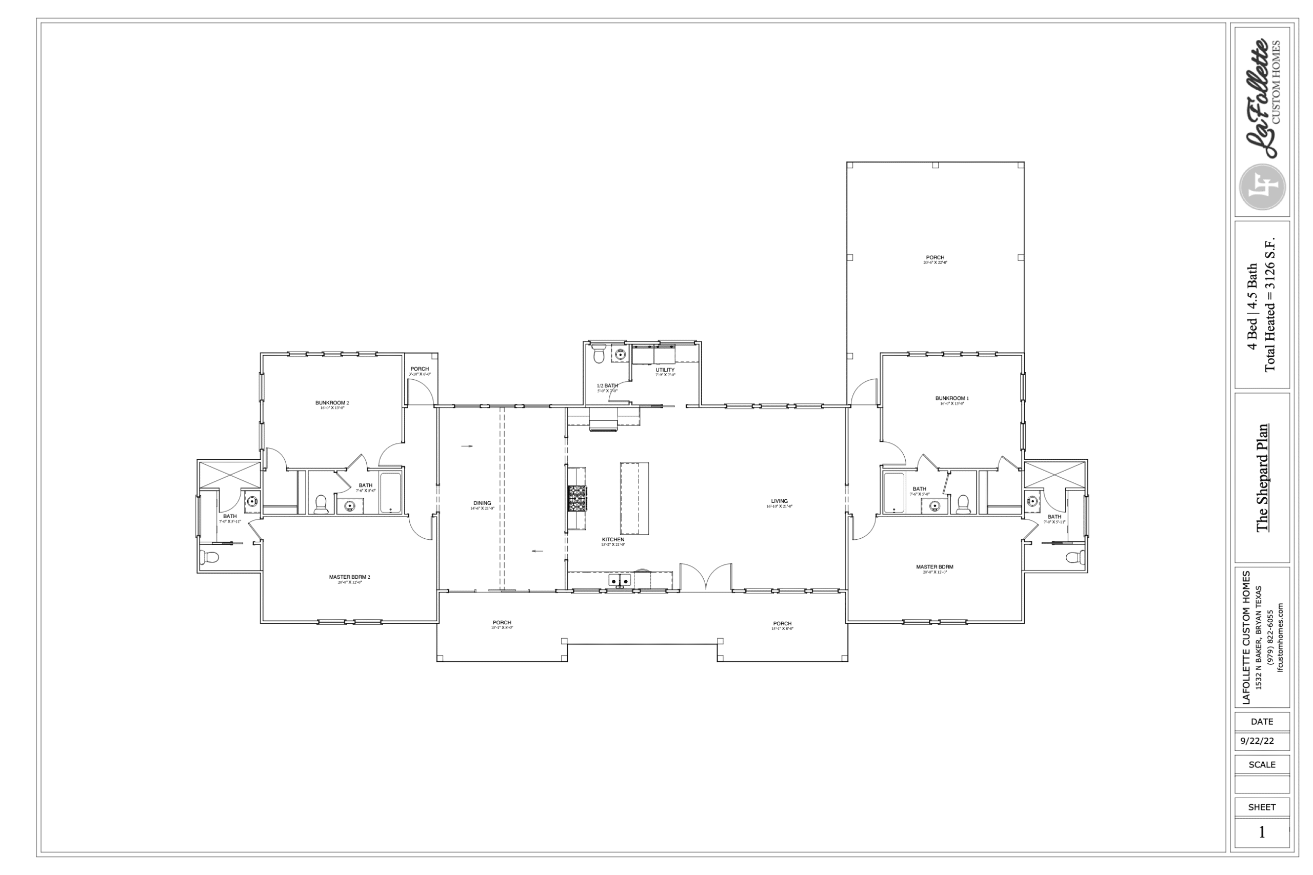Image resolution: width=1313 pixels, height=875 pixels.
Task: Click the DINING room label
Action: (482, 503)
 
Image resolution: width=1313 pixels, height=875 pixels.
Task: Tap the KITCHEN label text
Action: (612, 540)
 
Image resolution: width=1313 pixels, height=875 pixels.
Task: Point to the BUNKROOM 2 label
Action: (332, 403)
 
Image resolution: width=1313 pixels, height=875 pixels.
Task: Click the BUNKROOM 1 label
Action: (952, 398)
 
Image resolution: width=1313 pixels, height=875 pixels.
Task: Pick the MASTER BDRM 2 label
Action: (349, 577)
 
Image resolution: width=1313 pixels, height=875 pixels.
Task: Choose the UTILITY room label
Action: (665, 370)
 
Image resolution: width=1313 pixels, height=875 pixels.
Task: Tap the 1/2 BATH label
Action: (607, 385)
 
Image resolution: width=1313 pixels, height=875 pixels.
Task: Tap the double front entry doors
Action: (706, 578)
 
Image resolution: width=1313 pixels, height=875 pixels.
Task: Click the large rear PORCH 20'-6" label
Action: (935, 258)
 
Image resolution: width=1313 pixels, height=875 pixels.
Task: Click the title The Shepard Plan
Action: (1262, 478)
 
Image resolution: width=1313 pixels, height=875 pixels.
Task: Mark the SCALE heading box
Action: (1262, 764)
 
